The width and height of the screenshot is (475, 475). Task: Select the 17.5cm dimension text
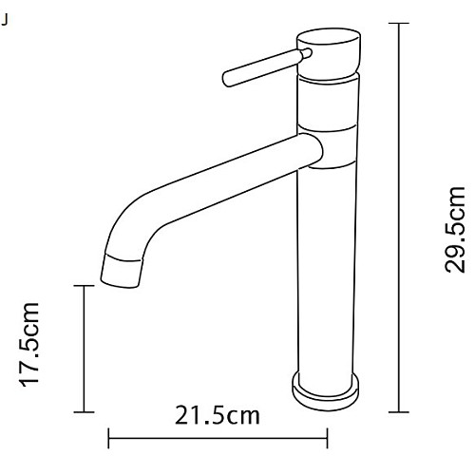[30, 347]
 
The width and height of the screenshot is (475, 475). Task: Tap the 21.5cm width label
[218, 416]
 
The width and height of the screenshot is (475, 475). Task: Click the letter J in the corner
[7, 19]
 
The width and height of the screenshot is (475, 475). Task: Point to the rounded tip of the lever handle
[226, 76]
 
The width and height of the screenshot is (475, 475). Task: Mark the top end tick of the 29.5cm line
[400, 23]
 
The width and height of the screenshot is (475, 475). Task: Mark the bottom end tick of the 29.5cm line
[400, 411]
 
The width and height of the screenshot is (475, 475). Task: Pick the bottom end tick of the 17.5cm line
[85, 411]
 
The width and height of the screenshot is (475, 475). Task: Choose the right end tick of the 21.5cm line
[327, 438]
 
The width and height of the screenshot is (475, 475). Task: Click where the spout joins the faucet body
[309, 150]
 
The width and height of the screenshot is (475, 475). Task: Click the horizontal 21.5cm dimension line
[218, 438]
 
